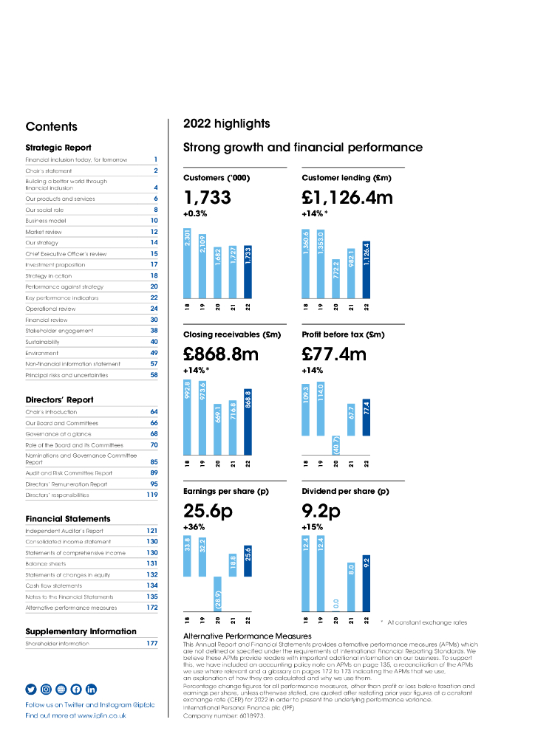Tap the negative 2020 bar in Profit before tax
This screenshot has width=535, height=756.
tap(336, 444)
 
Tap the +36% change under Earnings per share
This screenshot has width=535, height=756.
tap(194, 527)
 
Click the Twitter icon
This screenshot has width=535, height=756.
tap(31, 689)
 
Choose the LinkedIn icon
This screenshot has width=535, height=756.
tap(91, 689)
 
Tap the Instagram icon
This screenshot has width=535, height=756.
tap(46, 689)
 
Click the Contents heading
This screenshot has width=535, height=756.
tap(51, 126)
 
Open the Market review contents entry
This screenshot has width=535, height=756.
tap(45, 231)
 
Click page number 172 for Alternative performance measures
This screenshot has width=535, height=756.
tap(151, 608)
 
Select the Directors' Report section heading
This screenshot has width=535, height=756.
tap(59, 400)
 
